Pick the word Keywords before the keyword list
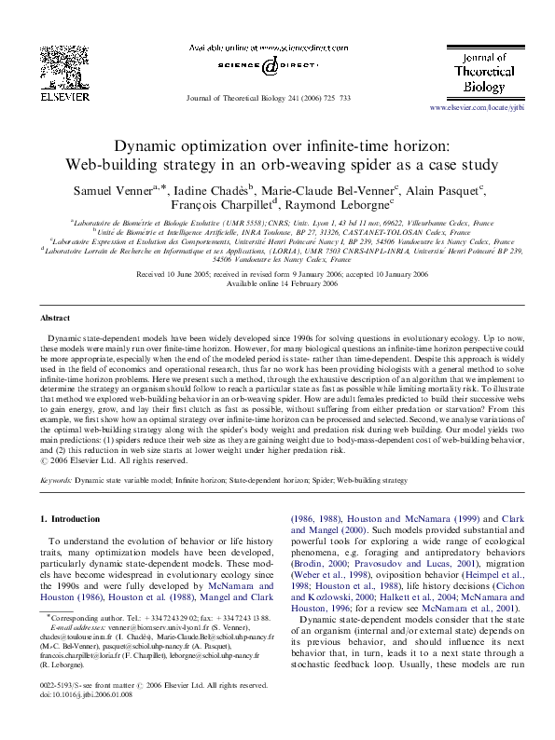pos(56,480)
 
